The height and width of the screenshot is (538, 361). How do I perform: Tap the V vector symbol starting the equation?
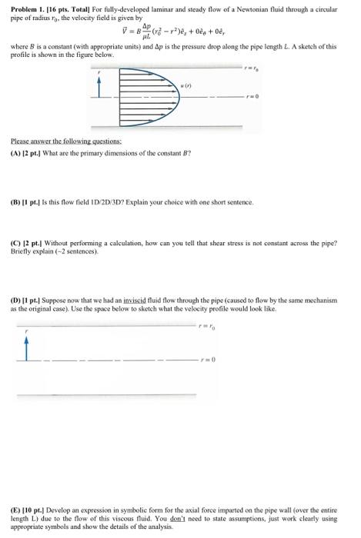click(116, 29)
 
